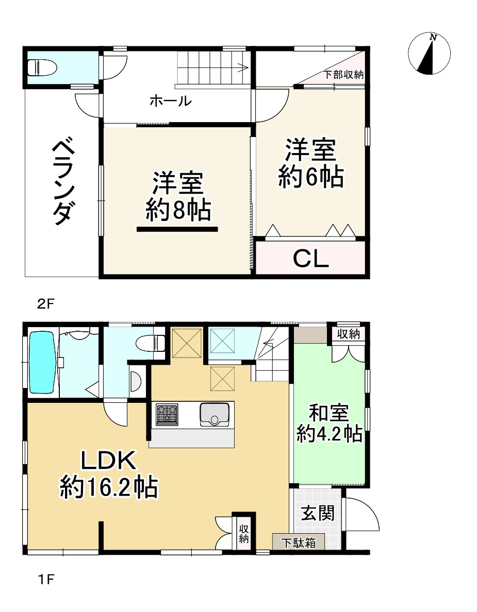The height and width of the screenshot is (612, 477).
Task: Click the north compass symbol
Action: click(429, 54)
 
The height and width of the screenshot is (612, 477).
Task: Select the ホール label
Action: click(170, 101)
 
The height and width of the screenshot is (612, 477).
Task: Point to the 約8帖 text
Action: click(177, 210)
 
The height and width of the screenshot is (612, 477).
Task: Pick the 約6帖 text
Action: click(311, 178)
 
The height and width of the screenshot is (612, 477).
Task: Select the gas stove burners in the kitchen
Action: click(167, 414)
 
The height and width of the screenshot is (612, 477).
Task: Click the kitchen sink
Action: click(215, 414)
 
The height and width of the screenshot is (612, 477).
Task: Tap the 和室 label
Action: click(329, 413)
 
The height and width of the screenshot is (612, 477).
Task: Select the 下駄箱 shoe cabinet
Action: click(299, 542)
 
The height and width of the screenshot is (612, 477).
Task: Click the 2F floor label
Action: click(45, 303)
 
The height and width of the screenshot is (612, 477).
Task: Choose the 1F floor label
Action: click(45, 580)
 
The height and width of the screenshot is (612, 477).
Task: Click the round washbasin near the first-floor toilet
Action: click(135, 382)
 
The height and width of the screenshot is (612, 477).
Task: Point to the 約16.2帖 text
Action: click(109, 487)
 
